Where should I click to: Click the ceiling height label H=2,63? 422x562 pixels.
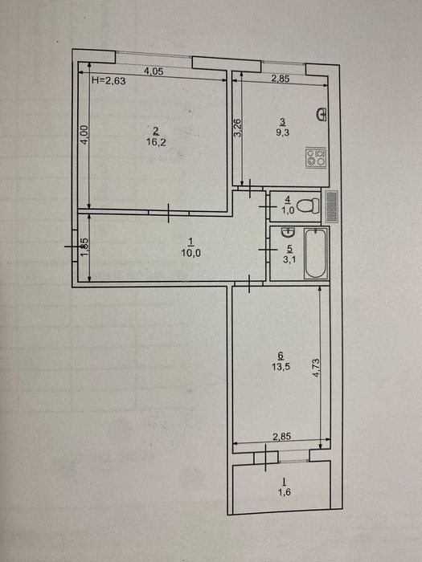click(x=109, y=81)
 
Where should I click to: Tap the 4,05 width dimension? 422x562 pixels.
click(x=154, y=71)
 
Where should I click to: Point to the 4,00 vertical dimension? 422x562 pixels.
click(x=84, y=134)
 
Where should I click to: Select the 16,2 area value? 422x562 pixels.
click(x=156, y=142)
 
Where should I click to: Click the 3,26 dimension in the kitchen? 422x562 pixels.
click(x=237, y=128)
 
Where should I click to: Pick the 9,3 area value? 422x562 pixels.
click(x=283, y=132)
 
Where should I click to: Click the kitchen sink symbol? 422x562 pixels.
click(x=322, y=114)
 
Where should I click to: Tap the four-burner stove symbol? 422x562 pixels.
click(x=316, y=157)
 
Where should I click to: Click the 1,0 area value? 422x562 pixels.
click(x=288, y=210)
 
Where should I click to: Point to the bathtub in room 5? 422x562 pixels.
click(x=316, y=254)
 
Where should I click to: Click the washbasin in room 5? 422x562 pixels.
click(x=288, y=233)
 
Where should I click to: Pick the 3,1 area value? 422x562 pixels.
click(x=289, y=259)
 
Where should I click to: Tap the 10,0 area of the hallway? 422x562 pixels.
click(x=191, y=253)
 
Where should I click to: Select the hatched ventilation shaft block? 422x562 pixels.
click(x=332, y=206)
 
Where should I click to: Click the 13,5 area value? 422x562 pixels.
click(x=281, y=367)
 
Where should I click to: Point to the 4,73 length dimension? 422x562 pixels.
click(x=317, y=368)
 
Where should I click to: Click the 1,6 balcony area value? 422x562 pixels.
click(x=285, y=492)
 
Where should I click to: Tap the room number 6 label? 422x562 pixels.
click(x=281, y=355)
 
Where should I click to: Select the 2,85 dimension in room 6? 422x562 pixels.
click(x=281, y=437)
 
